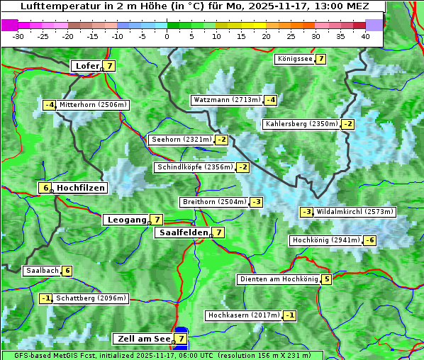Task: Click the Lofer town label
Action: point(87,66)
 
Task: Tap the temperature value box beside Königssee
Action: point(320,59)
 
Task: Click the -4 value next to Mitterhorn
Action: point(49,105)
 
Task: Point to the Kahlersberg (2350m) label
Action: point(301,124)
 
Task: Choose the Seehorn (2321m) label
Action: point(182,140)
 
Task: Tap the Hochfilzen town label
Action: point(80,188)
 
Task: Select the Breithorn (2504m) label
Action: point(213,202)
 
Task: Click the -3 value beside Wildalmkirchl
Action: point(306,212)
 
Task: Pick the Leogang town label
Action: point(125,220)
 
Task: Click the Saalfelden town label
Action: point(183,232)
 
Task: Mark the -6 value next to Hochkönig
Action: point(369,240)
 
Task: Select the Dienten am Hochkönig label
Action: point(278,279)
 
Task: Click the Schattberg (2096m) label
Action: point(91,298)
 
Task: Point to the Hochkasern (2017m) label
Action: point(243,315)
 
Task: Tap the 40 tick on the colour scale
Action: point(364,35)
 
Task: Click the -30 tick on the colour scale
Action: point(18,35)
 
